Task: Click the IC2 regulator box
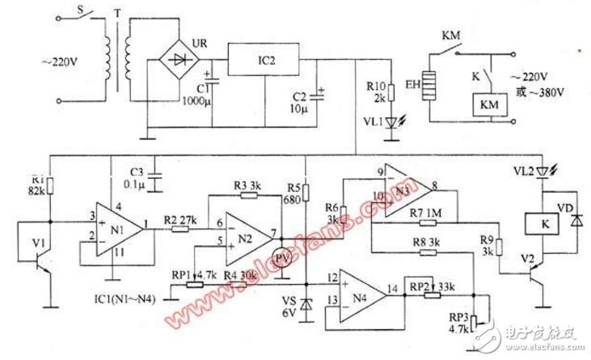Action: pos(262,59)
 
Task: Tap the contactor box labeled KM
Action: pos(488,104)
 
